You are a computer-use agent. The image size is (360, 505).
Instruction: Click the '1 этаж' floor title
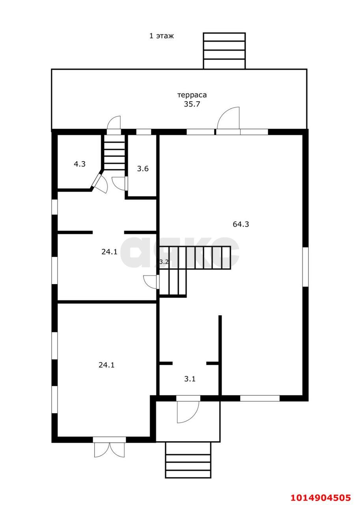[x=162, y=36]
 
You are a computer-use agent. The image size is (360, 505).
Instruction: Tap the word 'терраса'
[x=192, y=95]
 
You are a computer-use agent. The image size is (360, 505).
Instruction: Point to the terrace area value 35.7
[x=192, y=104]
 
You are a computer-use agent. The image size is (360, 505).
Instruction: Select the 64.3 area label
[x=241, y=224]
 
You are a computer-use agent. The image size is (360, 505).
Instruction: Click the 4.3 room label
[x=80, y=164]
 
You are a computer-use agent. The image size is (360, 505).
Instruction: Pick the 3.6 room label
[x=143, y=168]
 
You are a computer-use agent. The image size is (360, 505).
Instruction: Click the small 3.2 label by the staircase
[x=164, y=262]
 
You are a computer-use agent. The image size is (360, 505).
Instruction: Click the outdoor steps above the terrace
[x=224, y=51]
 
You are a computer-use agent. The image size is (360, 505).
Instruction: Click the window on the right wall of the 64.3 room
[x=305, y=267]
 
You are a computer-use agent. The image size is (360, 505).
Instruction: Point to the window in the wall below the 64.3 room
[x=260, y=398]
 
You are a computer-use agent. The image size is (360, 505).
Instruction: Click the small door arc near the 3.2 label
[x=150, y=281]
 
